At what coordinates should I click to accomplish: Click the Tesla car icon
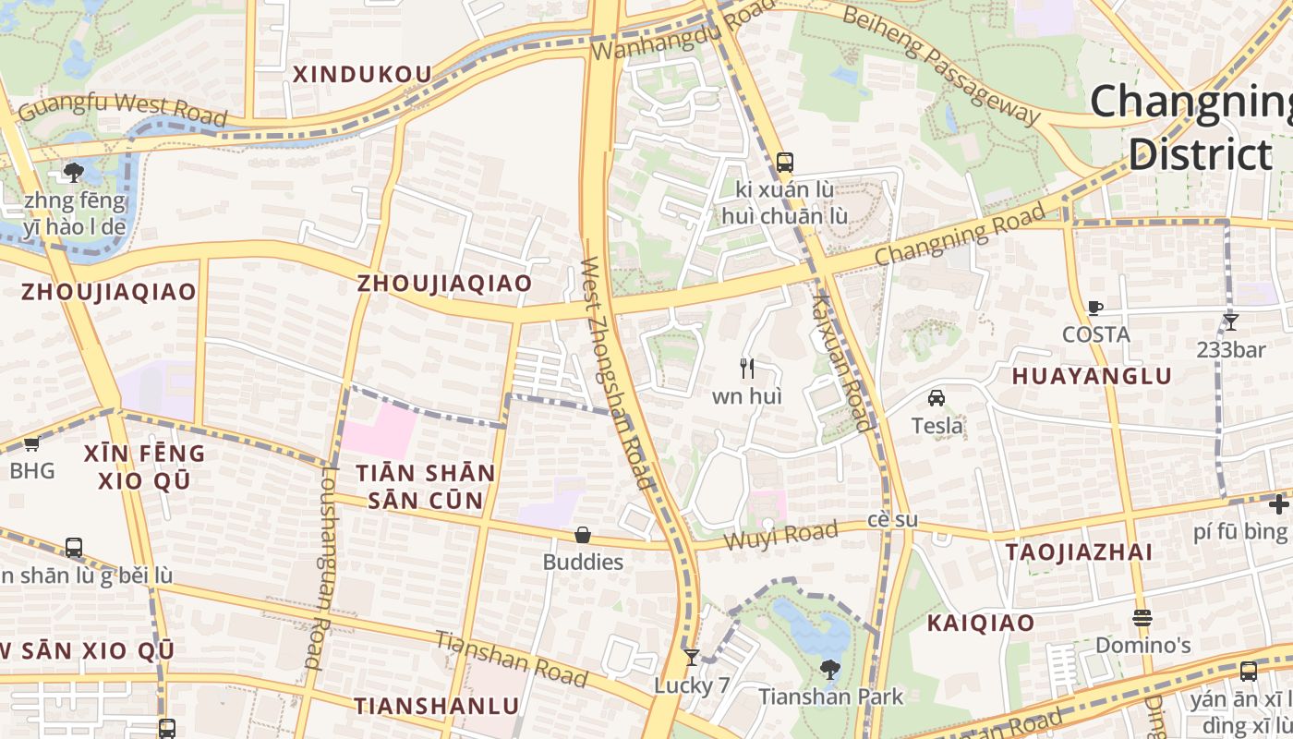[937, 398]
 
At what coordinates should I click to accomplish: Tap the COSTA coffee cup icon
[1095, 308]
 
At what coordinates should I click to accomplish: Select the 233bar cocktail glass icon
[1230, 322]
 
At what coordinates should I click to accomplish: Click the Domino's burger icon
[1142, 617]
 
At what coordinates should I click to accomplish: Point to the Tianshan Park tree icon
[830, 669]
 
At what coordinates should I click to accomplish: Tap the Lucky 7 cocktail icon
[691, 658]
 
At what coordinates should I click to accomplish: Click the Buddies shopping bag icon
[583, 535]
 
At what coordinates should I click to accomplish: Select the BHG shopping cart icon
[31, 443]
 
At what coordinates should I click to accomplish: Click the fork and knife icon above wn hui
[747, 369]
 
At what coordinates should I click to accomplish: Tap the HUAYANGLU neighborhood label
[1092, 376]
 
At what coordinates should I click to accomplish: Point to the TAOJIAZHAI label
[1079, 552]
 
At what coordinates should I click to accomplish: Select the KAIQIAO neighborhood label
[981, 623]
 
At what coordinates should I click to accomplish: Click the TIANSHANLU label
[437, 707]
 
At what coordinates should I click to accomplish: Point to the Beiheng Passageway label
[941, 66]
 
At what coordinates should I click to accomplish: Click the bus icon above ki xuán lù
[784, 163]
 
